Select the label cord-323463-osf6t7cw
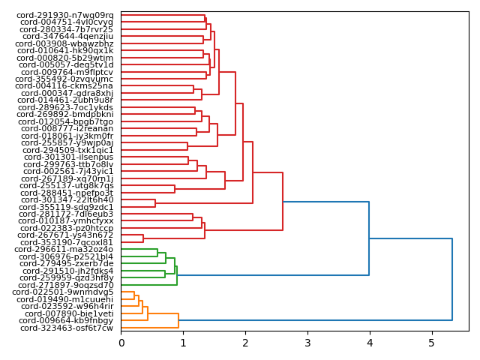67,328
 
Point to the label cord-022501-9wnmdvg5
63,292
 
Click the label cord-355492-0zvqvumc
64,79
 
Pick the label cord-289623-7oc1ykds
66,107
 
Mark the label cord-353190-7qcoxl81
67,242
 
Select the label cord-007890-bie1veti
69,313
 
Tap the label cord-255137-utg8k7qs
67,185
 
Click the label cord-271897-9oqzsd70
66,285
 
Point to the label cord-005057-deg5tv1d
66,64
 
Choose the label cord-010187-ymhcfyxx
67,221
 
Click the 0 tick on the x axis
121,343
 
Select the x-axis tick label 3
307,343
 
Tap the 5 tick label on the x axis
431,343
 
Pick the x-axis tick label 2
245,343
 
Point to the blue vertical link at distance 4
369,238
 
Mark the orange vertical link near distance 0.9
178,320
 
